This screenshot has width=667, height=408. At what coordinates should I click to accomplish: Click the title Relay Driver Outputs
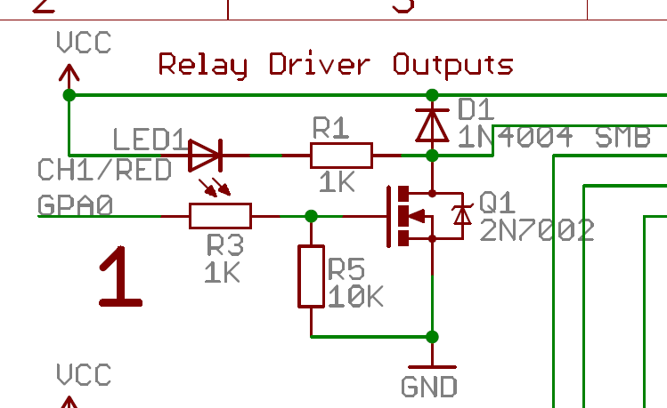coord(336,64)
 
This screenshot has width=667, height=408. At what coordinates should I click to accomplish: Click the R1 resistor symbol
coord(341,156)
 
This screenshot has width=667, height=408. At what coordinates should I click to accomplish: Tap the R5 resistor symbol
coord(311,276)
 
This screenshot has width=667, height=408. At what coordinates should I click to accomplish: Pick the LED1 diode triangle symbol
coord(205,156)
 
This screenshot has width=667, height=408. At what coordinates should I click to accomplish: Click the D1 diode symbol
coord(433,124)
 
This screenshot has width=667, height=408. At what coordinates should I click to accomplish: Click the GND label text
coord(429,387)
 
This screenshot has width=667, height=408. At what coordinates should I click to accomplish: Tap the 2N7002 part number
coord(536,231)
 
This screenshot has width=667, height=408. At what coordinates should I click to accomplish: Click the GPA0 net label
coord(76,205)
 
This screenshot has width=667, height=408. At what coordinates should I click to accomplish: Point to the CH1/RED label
coord(104,170)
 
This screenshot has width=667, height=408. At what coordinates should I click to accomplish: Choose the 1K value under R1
coord(336,183)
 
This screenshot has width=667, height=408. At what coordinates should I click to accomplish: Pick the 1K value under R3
coord(222,272)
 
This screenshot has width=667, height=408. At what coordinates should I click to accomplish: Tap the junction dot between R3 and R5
coord(311,216)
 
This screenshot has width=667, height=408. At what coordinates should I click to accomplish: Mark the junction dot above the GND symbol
coord(433,336)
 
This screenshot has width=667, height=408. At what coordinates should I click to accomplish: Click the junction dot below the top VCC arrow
coord(69,94)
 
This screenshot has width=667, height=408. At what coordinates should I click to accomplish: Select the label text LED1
coord(149,140)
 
